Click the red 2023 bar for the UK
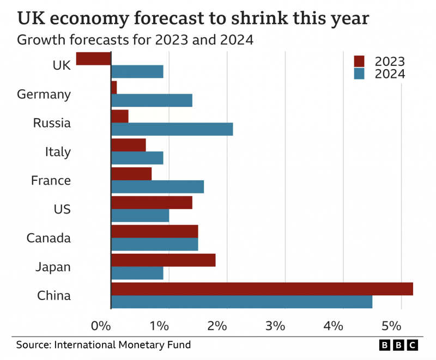click(93, 58)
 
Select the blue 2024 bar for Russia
click(172, 129)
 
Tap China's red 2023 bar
click(262, 289)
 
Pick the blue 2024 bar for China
click(241, 302)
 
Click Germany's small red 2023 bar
click(114, 87)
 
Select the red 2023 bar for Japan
click(163, 260)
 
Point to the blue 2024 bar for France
click(157, 187)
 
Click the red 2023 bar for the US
click(152, 203)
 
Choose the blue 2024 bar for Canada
click(154, 244)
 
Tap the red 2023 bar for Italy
click(128, 145)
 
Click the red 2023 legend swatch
click(359, 61)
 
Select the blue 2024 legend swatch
click(359, 74)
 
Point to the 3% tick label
click(275, 326)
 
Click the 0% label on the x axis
click(101, 326)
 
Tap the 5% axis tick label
click(391, 326)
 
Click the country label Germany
click(44, 94)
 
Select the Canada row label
click(49, 238)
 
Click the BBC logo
click(398, 345)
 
